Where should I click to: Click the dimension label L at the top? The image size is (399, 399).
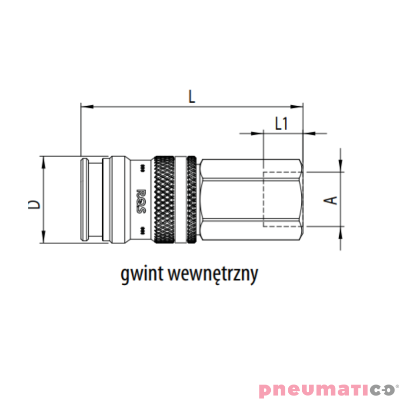(x=192, y=96)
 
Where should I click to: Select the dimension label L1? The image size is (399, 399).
(x=282, y=123)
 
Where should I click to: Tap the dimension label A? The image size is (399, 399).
(x=332, y=199)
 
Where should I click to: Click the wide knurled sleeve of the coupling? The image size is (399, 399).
(x=165, y=199)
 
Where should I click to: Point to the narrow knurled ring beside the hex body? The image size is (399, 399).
(x=192, y=199)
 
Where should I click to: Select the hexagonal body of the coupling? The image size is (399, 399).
(x=249, y=199)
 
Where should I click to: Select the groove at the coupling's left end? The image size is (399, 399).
(x=85, y=199)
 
